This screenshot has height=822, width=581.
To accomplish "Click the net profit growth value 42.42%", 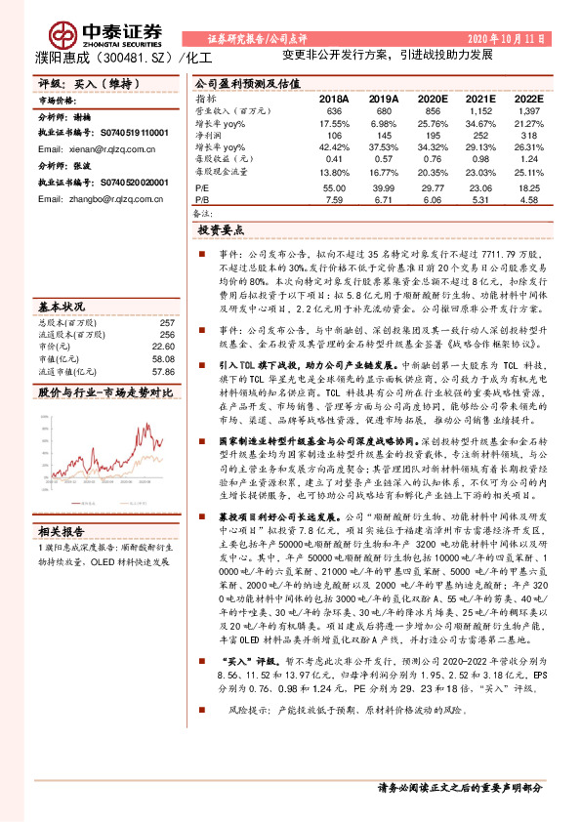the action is [333, 145].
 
